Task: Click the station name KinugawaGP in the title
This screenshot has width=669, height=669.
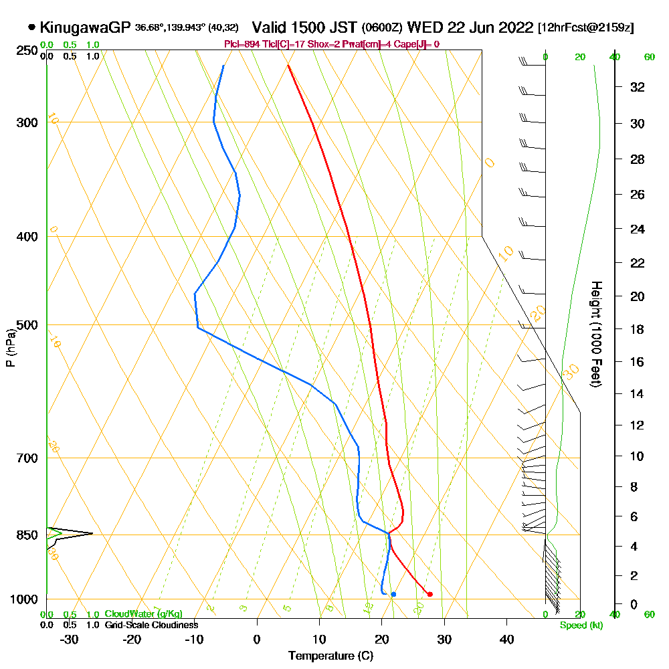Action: pos(85,27)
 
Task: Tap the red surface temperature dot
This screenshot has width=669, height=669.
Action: pos(429,594)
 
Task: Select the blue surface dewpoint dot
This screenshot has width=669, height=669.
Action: pos(393,594)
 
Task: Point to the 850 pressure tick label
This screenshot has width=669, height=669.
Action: pos(27,535)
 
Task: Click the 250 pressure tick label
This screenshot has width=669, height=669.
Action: pos(27,51)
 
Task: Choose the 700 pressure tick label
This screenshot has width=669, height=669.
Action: pos(27,458)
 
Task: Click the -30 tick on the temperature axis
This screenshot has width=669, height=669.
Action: pos(70,639)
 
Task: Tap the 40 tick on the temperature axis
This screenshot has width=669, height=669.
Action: pos(507,639)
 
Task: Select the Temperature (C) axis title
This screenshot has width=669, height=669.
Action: pos(330,656)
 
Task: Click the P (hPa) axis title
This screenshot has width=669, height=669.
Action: pos(10,348)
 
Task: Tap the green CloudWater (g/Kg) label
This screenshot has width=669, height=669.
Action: pos(143,614)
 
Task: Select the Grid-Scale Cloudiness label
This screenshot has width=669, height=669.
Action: pos(151,625)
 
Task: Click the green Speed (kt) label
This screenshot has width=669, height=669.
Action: pos(579,626)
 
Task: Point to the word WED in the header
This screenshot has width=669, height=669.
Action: pos(423,27)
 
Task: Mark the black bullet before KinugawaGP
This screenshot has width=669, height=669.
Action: pos(31,27)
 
